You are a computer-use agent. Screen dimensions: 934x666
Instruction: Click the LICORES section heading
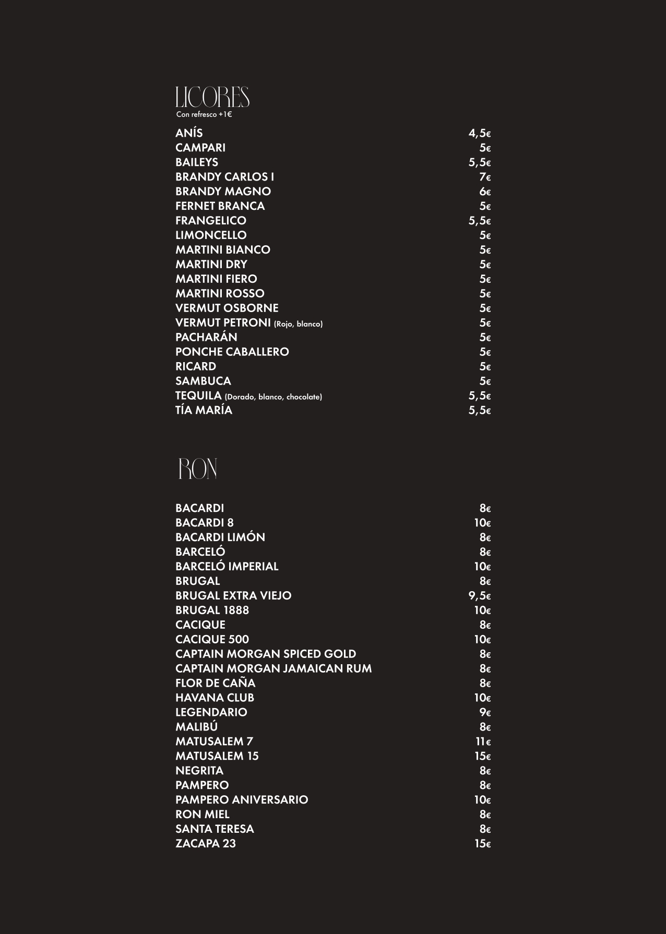[212, 98]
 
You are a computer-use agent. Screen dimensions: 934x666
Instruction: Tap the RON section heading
[197, 469]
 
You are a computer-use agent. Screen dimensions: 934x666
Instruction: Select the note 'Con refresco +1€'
[204, 115]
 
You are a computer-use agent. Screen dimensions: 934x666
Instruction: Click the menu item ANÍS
[189, 133]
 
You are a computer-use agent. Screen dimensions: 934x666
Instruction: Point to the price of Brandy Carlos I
[485, 177]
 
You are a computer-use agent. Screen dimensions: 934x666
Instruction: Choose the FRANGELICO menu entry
[211, 221]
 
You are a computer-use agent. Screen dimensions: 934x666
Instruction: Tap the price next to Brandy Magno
[485, 191]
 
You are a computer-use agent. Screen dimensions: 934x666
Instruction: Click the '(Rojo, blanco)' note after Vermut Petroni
[298, 324]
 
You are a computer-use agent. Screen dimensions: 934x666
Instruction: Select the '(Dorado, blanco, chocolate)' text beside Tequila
[273, 397]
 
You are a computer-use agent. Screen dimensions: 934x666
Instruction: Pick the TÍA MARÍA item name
[204, 411]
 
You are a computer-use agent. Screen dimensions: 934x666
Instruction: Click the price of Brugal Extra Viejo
[480, 596]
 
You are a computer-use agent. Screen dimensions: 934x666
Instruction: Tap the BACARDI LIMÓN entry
[220, 537]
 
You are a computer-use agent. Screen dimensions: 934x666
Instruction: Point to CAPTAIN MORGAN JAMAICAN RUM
[273, 669]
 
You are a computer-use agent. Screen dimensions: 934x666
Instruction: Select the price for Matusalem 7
[483, 742]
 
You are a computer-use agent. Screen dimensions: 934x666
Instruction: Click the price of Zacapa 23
[482, 844]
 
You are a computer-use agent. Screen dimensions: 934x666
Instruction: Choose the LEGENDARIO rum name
[211, 712]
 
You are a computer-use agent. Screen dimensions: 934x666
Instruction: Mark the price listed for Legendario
[485, 713]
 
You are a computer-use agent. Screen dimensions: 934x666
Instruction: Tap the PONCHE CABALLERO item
[232, 352]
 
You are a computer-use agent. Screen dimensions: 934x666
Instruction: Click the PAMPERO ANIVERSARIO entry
[242, 800]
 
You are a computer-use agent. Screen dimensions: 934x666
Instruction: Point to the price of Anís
[480, 133]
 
